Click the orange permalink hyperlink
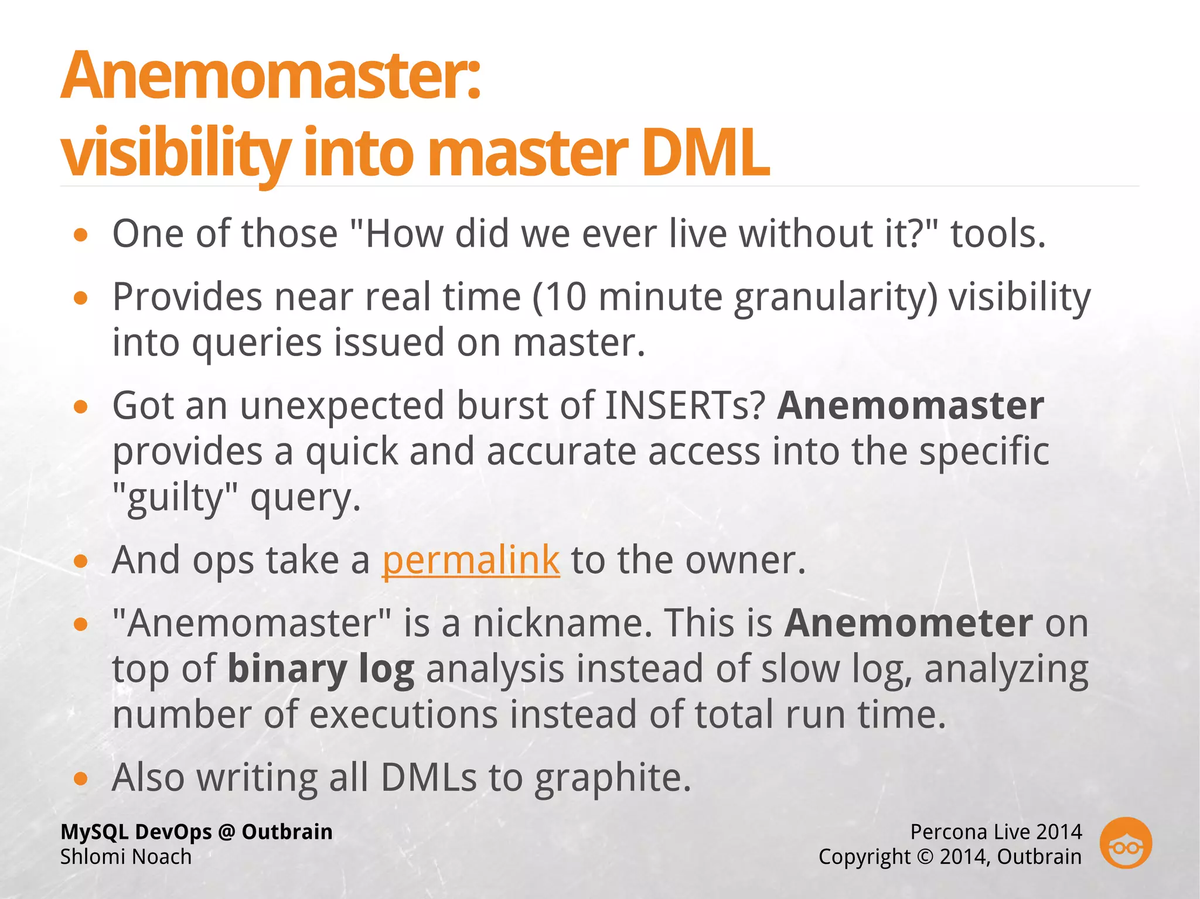[471, 560]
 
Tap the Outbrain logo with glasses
[1125, 843]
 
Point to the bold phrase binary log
[321, 669]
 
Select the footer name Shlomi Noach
[126, 857]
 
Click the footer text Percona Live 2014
[996, 832]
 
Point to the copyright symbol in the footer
[925, 857]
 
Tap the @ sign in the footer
[226, 832]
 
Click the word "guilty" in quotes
[175, 498]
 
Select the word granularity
[836, 298]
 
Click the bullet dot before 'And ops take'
[81, 562]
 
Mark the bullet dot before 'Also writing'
[81, 779]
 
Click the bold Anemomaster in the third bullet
[910, 405]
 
